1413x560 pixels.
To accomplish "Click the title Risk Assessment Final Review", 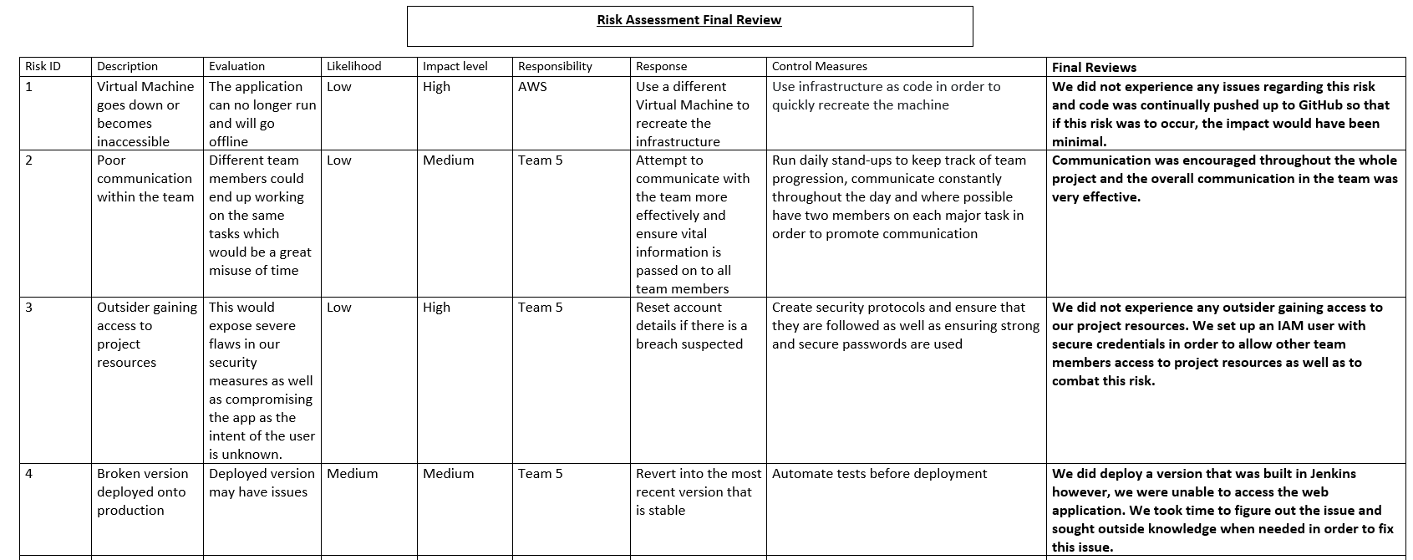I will tap(689, 20).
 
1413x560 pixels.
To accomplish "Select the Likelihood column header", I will tap(353, 66).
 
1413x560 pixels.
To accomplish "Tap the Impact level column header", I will tap(455, 66).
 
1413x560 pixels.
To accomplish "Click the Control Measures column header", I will tap(819, 66).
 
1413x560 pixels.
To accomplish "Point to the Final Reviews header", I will tap(1094, 68).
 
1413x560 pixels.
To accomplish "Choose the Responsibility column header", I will tap(555, 66).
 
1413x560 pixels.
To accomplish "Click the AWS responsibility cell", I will tap(531, 86).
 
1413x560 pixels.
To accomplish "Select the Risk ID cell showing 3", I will tap(29, 307).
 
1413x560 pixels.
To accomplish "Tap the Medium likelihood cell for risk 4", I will tap(352, 473).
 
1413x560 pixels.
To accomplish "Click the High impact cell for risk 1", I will tap(436, 86).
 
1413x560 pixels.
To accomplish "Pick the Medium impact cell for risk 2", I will tap(448, 160).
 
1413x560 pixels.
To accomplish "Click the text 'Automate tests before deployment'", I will tap(879, 473).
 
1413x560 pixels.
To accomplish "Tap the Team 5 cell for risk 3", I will tap(540, 307).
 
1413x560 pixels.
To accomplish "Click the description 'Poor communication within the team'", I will tap(145, 178).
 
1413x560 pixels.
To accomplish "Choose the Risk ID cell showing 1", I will tap(29, 86).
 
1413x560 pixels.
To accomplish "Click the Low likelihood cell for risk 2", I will tap(338, 160).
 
